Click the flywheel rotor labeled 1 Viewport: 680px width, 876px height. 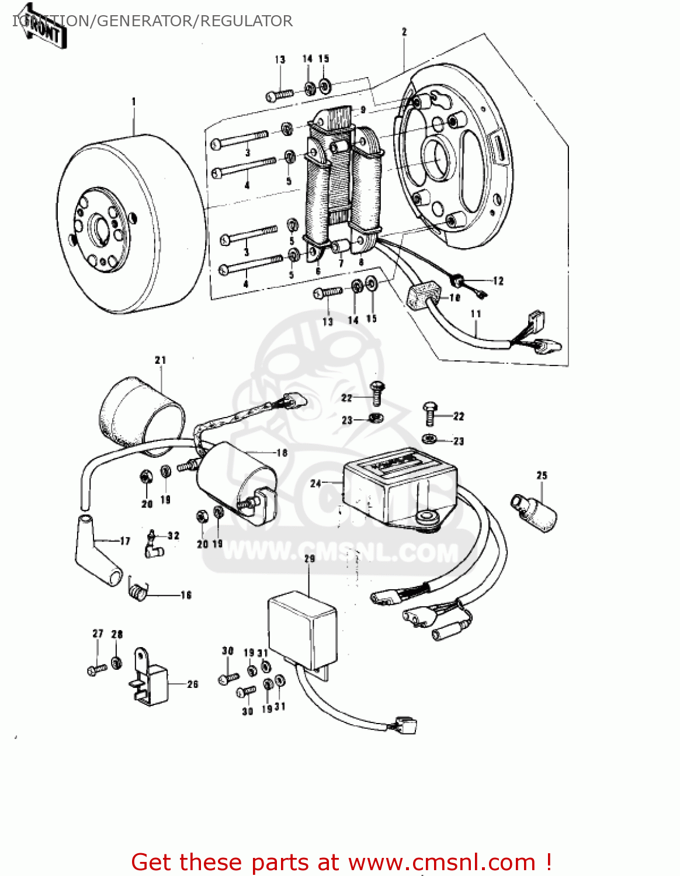[x=126, y=225]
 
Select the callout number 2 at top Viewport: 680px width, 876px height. [x=404, y=32]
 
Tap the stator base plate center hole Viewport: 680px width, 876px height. [x=438, y=158]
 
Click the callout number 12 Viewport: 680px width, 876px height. [x=498, y=281]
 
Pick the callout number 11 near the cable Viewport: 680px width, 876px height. [x=476, y=314]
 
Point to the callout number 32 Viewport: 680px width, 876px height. [x=174, y=536]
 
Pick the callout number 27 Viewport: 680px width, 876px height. [x=98, y=634]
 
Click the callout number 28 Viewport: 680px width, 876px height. [x=117, y=634]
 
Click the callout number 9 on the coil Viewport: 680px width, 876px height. [x=363, y=110]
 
